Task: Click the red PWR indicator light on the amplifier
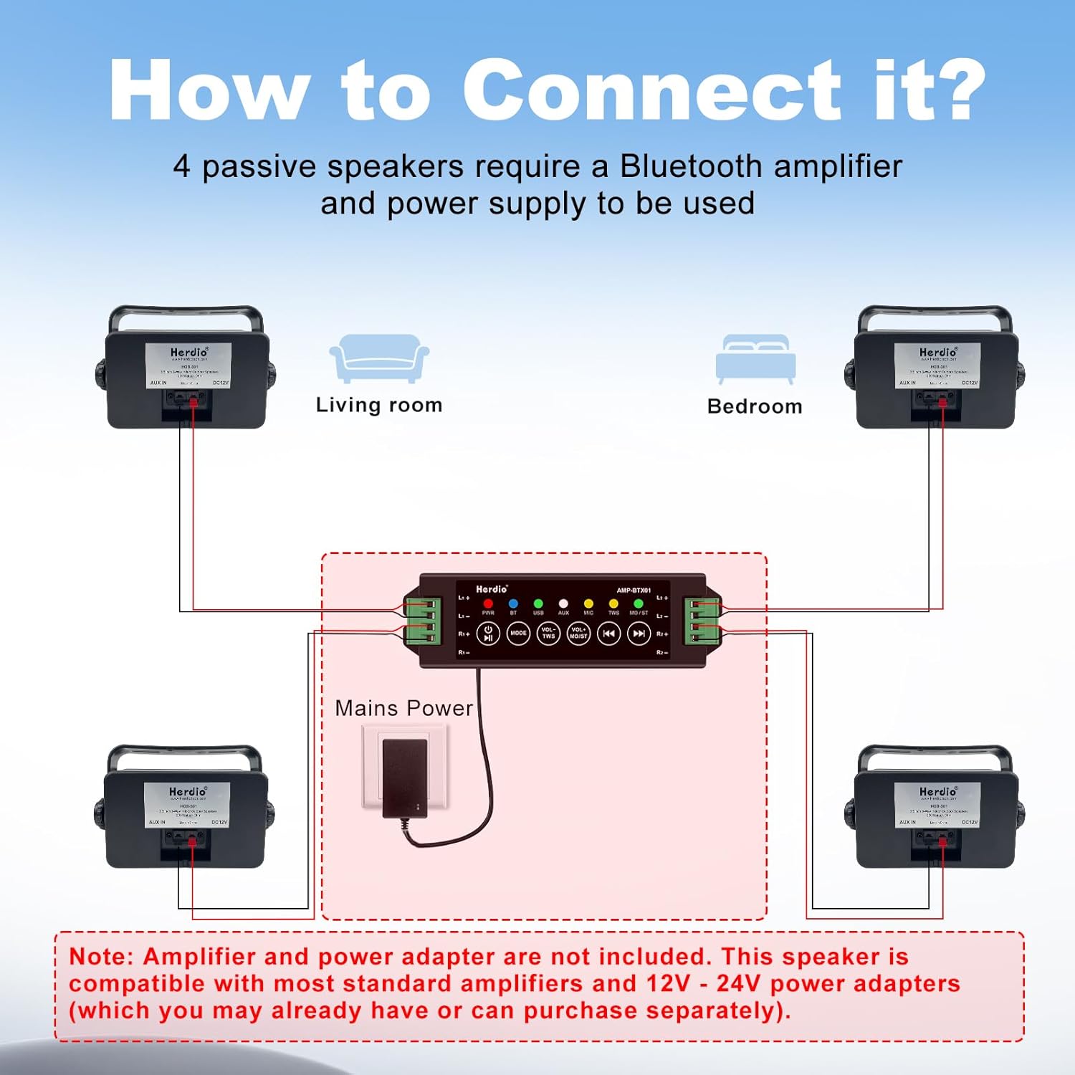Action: point(488,603)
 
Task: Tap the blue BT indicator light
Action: point(513,603)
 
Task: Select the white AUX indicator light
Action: point(563,603)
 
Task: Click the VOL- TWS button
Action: point(548,634)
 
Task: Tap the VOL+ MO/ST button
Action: point(578,634)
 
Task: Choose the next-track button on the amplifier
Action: point(639,634)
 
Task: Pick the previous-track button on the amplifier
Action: point(608,634)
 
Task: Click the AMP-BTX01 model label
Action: point(634,591)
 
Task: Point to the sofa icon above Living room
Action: point(378,358)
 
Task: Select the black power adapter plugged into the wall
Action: point(406,778)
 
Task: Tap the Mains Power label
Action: point(403,708)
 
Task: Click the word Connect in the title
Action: point(651,91)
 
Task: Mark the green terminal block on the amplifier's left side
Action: point(421,621)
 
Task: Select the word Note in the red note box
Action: point(100,956)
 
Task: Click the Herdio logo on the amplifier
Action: point(492,589)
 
